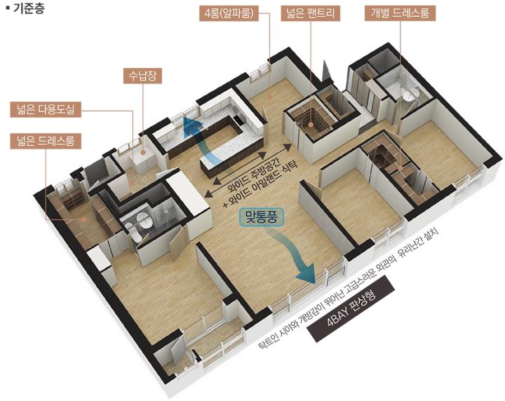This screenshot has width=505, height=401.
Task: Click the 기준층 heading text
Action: tap(28, 8)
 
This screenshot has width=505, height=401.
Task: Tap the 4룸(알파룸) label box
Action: tap(229, 13)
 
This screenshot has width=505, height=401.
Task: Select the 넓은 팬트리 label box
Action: tap(311, 13)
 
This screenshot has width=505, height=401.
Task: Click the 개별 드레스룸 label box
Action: tap(400, 13)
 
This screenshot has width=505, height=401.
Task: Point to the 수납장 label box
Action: tap(142, 76)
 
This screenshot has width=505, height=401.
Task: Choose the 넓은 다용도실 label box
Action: tap(46, 110)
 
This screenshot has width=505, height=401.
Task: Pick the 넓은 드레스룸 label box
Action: tap(46, 141)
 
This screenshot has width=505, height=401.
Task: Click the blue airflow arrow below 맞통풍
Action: tap(292, 250)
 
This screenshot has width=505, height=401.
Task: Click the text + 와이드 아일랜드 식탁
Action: tap(261, 184)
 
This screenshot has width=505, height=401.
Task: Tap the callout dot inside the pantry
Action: tap(311, 124)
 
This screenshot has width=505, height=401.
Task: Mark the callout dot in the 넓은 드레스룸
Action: tap(83, 219)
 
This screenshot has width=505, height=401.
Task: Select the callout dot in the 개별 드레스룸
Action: tap(400, 168)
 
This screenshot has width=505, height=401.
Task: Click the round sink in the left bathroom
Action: tap(144, 222)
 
